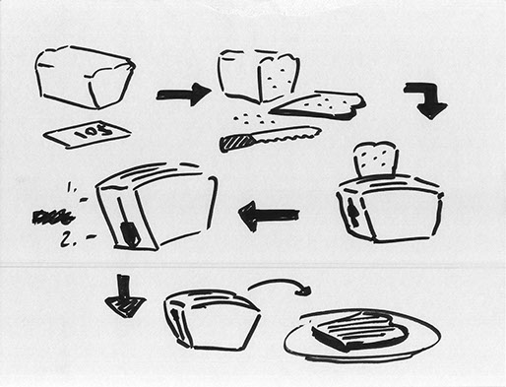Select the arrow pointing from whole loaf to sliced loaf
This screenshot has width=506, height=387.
click(x=183, y=95)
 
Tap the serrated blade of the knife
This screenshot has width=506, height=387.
click(x=285, y=134)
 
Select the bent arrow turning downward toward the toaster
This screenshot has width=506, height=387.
click(x=425, y=99)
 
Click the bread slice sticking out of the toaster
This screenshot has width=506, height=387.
click(x=375, y=160)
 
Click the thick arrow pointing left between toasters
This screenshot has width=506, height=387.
click(x=268, y=215)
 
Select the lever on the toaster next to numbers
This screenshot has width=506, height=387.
click(x=128, y=232)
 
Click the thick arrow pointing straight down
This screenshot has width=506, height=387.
click(x=125, y=296)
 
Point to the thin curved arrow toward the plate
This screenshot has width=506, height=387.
click(x=279, y=286)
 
